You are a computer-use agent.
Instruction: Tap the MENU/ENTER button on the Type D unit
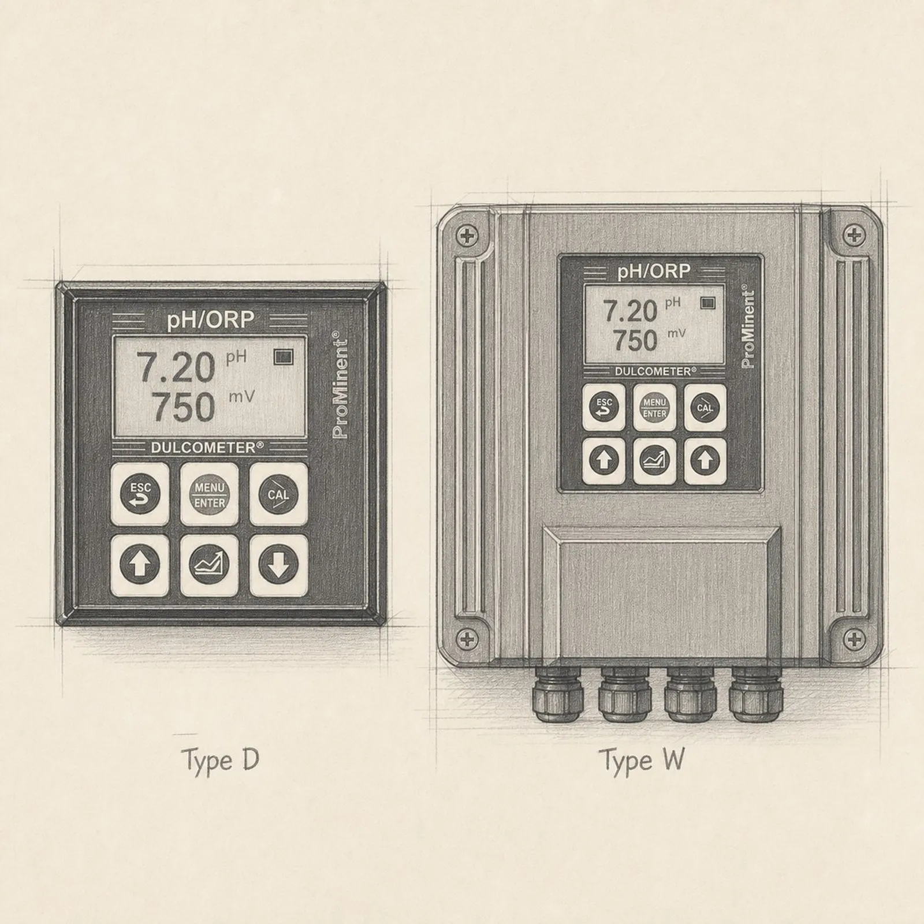coord(210,494)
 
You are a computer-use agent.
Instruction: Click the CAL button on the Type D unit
coord(278,494)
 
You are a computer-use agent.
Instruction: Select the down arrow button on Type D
coord(278,565)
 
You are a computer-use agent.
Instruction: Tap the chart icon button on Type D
coord(210,565)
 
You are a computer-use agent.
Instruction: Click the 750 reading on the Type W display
coord(635,340)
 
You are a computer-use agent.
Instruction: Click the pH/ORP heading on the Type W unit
coord(654,271)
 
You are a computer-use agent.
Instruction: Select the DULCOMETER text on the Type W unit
coord(653,371)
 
